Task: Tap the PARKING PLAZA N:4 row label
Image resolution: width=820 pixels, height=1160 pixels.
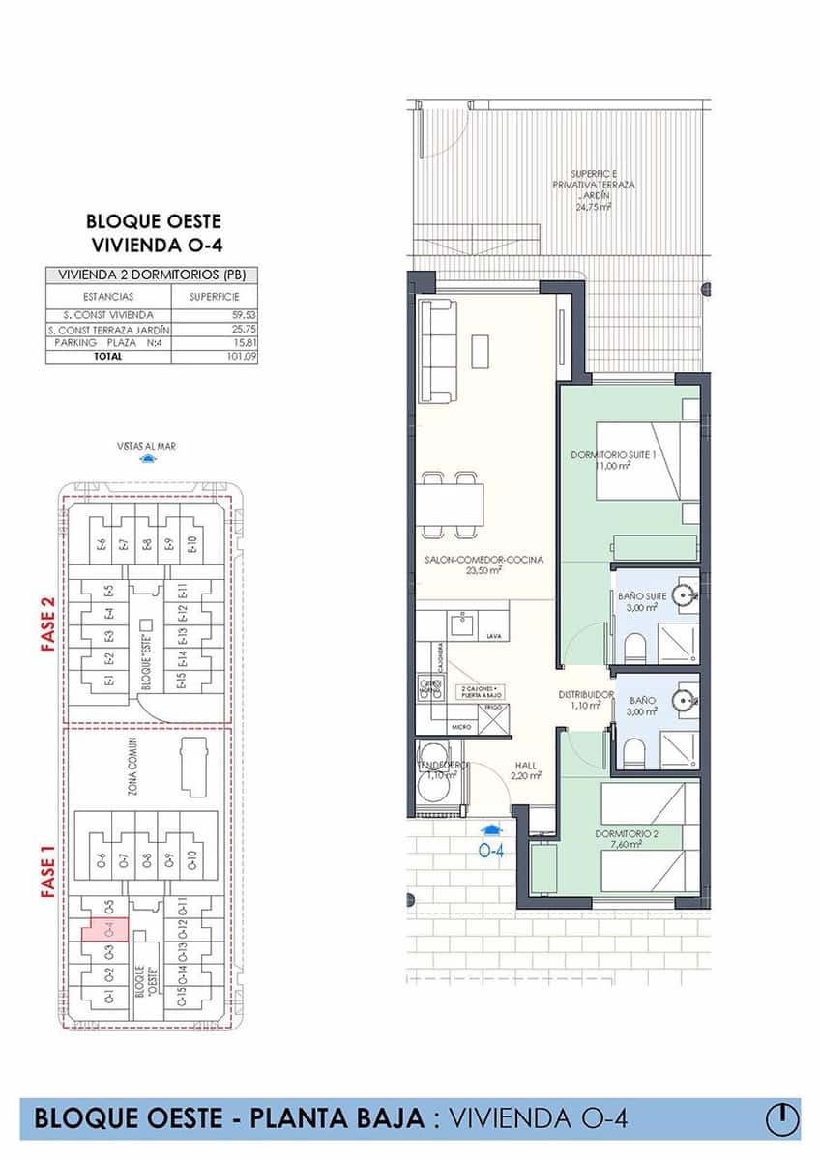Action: click(x=107, y=342)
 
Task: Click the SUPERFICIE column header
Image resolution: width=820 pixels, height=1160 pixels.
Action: click(x=214, y=297)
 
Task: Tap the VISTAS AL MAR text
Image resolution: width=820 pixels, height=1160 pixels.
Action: click(x=146, y=447)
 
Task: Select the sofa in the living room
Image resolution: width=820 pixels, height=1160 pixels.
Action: click(x=441, y=351)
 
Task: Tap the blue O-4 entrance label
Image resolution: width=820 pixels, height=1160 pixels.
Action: click(x=493, y=852)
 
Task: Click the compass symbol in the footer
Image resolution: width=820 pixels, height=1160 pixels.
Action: click(x=782, y=1118)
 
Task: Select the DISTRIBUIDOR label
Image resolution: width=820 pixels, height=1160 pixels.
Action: click(x=586, y=694)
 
